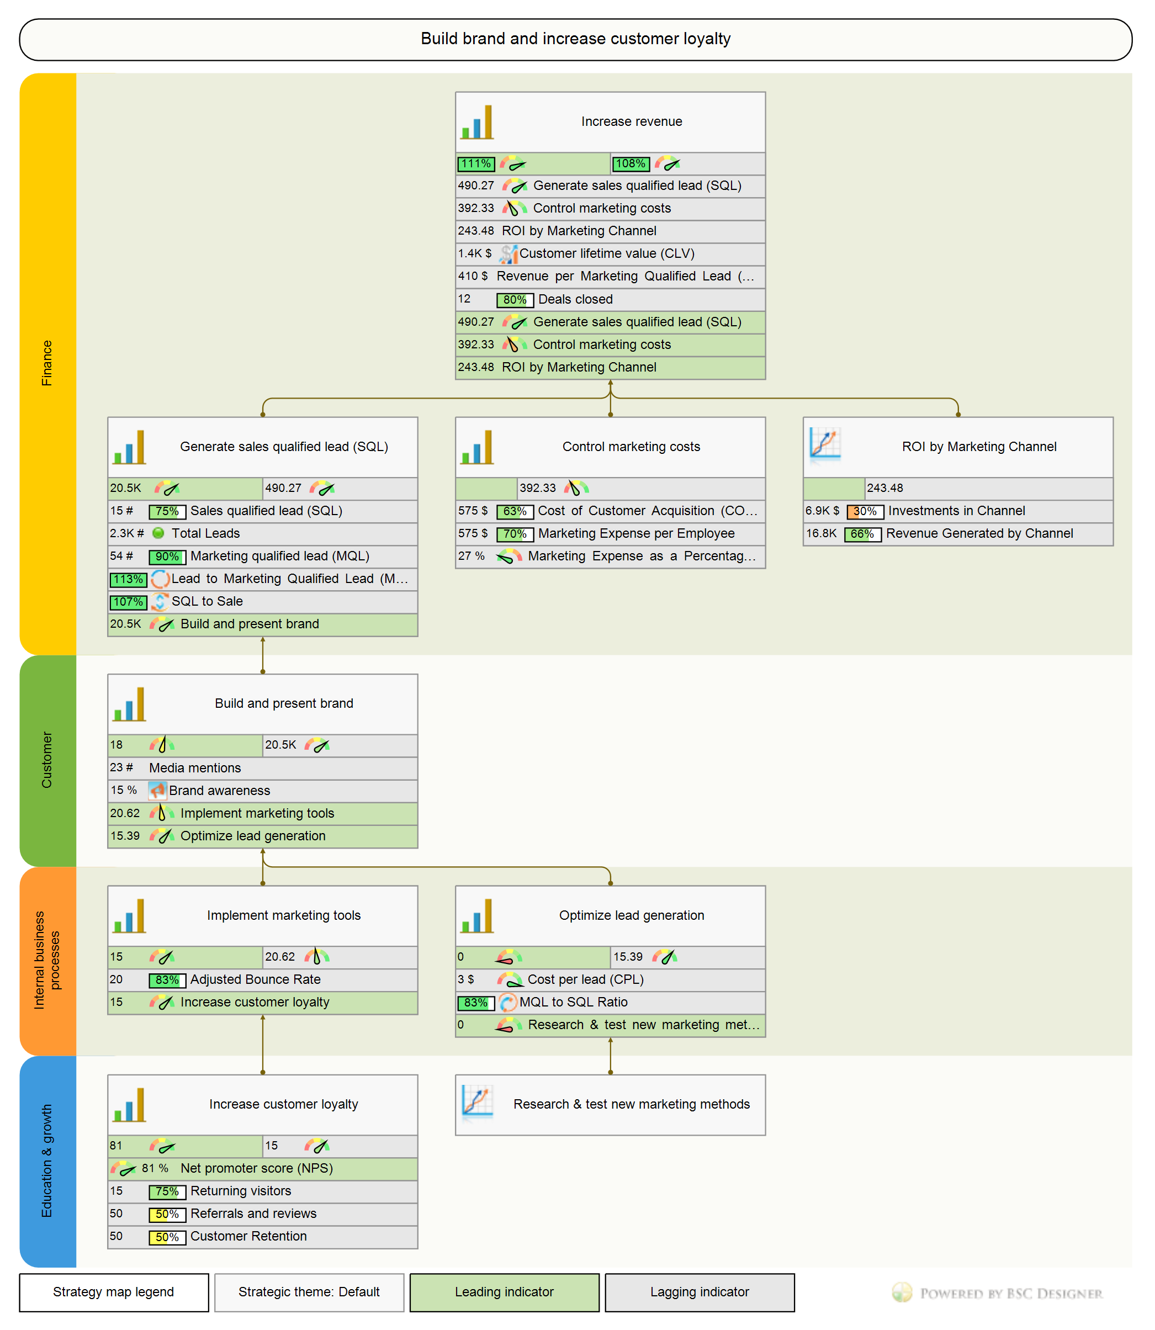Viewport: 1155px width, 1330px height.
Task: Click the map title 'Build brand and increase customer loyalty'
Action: pyautogui.click(x=575, y=39)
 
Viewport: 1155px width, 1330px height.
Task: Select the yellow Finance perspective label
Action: pyautogui.click(x=47, y=363)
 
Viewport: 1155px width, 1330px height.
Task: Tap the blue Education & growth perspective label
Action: pyautogui.click(x=47, y=1160)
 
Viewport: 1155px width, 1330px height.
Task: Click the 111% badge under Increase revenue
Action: pyautogui.click(x=476, y=163)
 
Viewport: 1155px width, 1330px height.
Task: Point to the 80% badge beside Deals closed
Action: pyautogui.click(x=515, y=300)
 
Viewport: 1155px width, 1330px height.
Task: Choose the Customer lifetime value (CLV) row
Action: pyautogui.click(x=607, y=254)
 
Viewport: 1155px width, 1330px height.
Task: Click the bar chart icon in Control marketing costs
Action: pyautogui.click(x=477, y=447)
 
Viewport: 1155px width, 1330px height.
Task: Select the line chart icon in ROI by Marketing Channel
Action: pyautogui.click(x=825, y=444)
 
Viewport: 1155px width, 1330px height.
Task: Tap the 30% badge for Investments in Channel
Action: pyautogui.click(x=864, y=512)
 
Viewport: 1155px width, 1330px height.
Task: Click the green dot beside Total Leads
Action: pyautogui.click(x=158, y=533)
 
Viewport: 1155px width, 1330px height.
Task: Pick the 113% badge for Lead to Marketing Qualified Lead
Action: pyautogui.click(x=128, y=579)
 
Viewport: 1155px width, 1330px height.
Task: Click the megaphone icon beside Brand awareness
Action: pyautogui.click(x=157, y=791)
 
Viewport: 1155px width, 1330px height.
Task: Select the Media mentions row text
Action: pyautogui.click(x=195, y=768)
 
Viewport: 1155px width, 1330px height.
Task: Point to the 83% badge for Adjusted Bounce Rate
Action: pyautogui.click(x=167, y=980)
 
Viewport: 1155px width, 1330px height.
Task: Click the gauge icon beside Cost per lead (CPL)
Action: pyautogui.click(x=510, y=980)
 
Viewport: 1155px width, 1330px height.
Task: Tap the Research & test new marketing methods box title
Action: pyautogui.click(x=631, y=1104)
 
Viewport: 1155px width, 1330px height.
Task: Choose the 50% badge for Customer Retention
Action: pyautogui.click(x=167, y=1237)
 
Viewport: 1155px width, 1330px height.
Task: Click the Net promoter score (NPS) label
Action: pyautogui.click(x=257, y=1168)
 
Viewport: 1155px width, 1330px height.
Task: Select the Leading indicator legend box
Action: pyautogui.click(x=504, y=1292)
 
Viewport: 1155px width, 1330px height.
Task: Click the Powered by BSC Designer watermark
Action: pyautogui.click(x=997, y=1293)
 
